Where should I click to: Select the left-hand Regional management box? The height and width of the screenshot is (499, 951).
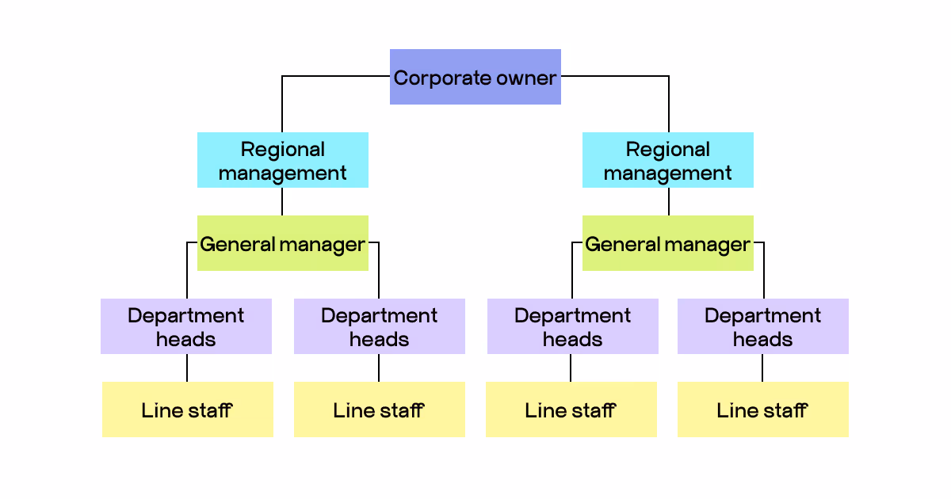pyautogui.click(x=283, y=160)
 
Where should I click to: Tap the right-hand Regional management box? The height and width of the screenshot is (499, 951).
pyautogui.click(x=668, y=160)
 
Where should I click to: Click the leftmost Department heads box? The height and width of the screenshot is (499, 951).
pyautogui.click(x=186, y=326)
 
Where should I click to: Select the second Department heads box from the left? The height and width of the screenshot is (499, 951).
pyautogui.click(x=380, y=326)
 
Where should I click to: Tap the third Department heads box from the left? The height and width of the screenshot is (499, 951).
pyautogui.click(x=573, y=326)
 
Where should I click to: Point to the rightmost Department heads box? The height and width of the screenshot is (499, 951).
pyautogui.click(x=763, y=326)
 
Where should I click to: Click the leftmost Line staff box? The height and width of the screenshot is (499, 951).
pyautogui.click(x=188, y=409)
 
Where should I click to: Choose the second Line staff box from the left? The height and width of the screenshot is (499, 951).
pyautogui.click(x=380, y=409)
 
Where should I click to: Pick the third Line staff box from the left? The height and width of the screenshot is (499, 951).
pyautogui.click(x=571, y=409)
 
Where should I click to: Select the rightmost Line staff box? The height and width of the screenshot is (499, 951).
pyautogui.click(x=763, y=409)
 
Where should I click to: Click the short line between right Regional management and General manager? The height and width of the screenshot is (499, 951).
pyautogui.click(x=668, y=201)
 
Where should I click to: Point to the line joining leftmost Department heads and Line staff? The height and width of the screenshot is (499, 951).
pyautogui.click(x=187, y=368)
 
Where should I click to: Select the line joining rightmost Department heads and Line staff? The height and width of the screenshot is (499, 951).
pyautogui.click(x=762, y=368)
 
